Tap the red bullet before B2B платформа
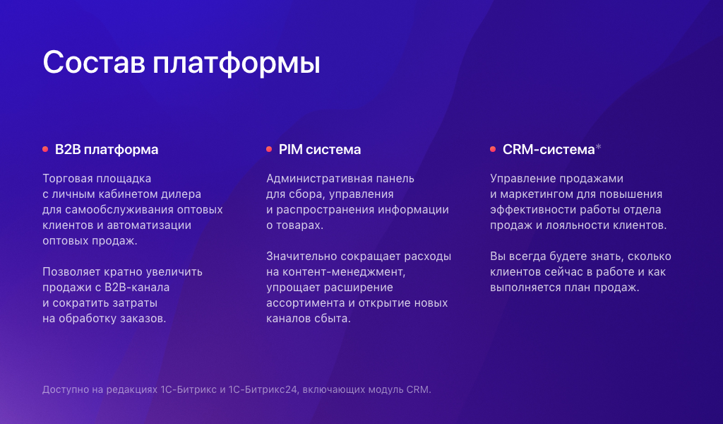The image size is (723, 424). point(45,149)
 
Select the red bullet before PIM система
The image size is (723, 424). point(269,149)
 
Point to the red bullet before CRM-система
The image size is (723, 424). point(493,149)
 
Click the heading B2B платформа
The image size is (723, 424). point(107,150)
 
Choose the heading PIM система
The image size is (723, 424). point(320,150)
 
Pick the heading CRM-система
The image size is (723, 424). point(549,150)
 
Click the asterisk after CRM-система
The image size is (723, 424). point(599,148)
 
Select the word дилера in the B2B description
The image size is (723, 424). point(186,194)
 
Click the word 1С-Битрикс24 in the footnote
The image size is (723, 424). point(264,389)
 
